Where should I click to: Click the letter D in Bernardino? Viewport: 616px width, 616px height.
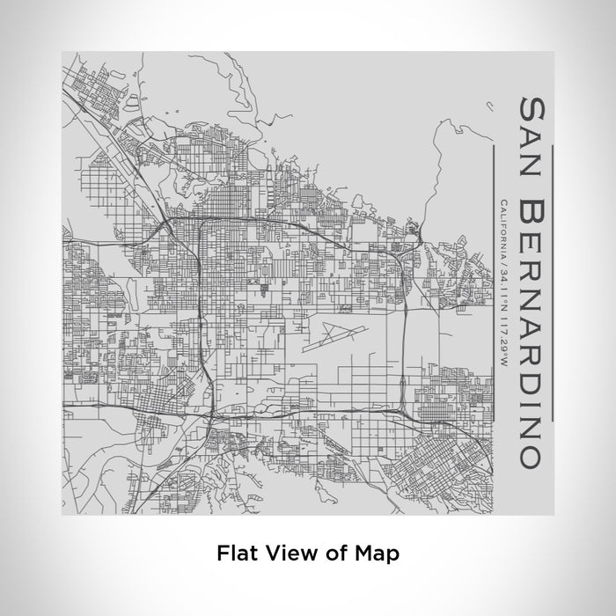pyautogui.click(x=530, y=391)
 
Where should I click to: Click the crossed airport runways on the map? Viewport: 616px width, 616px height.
pyautogui.click(x=332, y=334)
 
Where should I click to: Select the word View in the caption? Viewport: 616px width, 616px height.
pyautogui.click(x=282, y=553)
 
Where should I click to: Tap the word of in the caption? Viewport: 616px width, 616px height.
pyautogui.click(x=327, y=553)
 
